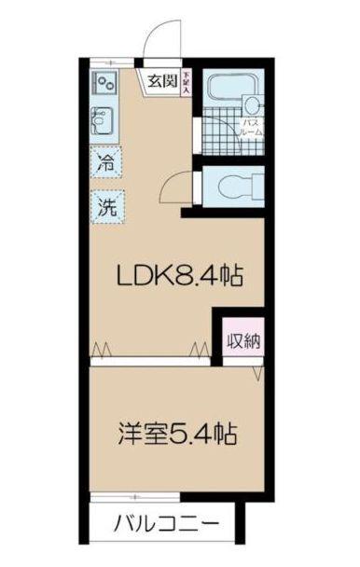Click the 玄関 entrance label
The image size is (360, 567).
(162, 81)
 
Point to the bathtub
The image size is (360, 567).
(225, 90)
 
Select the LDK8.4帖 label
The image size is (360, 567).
(179, 275)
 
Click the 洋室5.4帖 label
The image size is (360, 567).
(176, 433)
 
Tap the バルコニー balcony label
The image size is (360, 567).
(167, 521)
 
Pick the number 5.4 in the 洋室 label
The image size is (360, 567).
(194, 433)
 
